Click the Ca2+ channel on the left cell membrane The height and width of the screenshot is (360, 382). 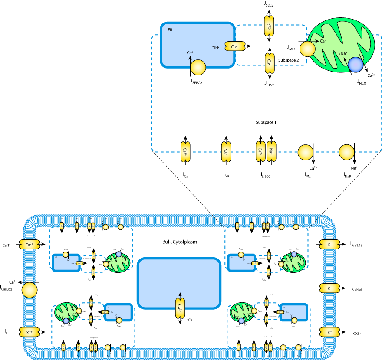pos(29,245)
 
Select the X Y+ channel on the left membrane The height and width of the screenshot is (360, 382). pos(29,332)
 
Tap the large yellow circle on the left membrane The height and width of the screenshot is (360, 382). pos(30,290)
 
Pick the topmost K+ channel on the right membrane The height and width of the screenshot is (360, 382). pos(329,245)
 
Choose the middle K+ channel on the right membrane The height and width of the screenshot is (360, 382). pos(329,288)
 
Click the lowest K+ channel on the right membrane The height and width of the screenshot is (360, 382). pos(329,332)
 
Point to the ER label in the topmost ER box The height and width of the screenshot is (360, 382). pos(170,30)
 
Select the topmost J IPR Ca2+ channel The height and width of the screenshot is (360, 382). pos(235,46)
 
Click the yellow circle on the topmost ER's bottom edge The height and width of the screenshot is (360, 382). pos(198,67)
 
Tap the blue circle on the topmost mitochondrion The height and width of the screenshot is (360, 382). pos(356,65)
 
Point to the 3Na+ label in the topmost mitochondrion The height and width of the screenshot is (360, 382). pos(343,53)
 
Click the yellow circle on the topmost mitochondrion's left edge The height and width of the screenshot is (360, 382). pos(307,49)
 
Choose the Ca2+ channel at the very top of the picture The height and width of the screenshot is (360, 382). pos(269,26)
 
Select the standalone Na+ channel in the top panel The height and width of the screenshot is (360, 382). pos(226,152)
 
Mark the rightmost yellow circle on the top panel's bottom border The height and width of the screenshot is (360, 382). pos(346,152)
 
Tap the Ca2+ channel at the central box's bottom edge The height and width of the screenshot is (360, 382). pos(180,308)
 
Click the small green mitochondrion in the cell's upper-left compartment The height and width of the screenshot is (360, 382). pos(118,263)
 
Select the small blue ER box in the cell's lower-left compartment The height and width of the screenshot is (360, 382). pos(119,312)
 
